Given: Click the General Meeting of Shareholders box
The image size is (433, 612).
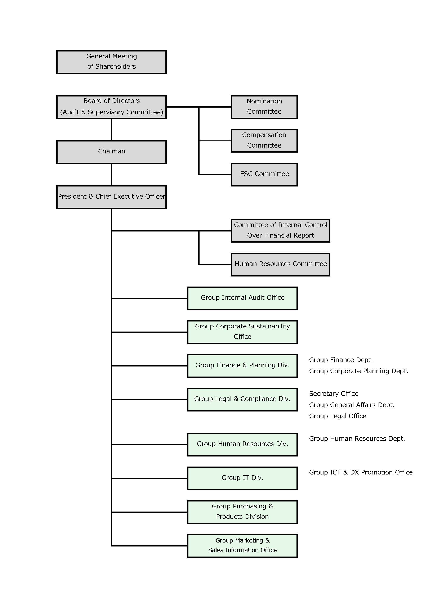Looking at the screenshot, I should [111, 62].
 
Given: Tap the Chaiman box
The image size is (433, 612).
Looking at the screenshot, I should [111, 152].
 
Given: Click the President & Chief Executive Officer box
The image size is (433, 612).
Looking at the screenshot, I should [111, 197].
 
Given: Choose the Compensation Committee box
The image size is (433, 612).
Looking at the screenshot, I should [264, 141].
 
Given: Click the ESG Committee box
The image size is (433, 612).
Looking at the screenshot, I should [264, 174].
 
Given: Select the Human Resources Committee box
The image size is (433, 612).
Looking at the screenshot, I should [281, 264].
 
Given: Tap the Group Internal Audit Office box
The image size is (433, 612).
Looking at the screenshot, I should [242, 298].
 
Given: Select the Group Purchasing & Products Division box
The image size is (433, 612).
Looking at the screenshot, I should [242, 512].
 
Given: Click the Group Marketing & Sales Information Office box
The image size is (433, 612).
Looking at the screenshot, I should [242, 546].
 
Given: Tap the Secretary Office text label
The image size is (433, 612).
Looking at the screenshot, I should [334, 394].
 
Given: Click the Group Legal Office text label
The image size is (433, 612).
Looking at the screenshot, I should [338, 416].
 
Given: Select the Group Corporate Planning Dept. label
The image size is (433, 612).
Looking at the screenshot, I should [358, 371].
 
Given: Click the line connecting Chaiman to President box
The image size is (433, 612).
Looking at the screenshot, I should [111, 175].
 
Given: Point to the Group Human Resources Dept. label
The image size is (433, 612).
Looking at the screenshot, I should [357, 439].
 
